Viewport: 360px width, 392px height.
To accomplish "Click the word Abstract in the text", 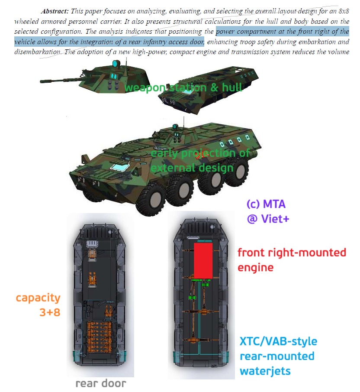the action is pos(55,11).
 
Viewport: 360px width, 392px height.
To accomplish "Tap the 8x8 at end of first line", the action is pos(344,11).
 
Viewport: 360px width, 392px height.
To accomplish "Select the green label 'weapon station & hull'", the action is pos(183,88).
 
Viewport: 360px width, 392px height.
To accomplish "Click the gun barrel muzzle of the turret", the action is pos(42,81).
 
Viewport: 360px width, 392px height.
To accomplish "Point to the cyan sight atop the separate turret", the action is pos(116,64).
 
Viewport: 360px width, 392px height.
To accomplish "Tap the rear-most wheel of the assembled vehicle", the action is pos(237,172).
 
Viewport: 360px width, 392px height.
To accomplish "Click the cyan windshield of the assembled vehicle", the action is pos(120,167).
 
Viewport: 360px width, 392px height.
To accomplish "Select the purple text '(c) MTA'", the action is pos(266,204).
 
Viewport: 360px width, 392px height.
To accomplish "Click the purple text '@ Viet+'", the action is pos(268,219).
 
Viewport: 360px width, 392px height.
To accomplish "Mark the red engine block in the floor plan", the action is pos(203,261).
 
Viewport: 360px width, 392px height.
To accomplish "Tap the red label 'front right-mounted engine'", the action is pos(292,260).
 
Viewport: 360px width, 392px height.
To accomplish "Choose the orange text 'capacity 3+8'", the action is pos(38,305).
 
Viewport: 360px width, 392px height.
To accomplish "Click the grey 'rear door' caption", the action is pos(101,383).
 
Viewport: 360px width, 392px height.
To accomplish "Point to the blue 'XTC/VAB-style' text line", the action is pos(278,341).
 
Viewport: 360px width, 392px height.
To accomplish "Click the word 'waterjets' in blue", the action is pos(265,371).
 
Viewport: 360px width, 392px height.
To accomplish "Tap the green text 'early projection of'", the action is pos(200,153).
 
